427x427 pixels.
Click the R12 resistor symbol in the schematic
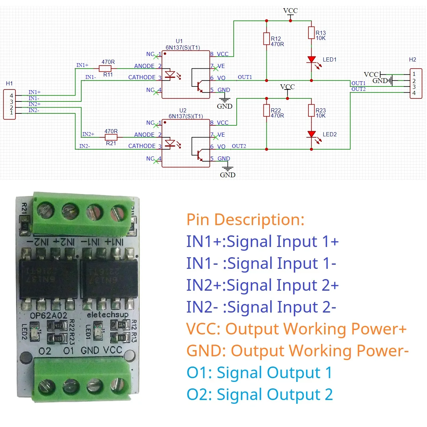coord(266,39)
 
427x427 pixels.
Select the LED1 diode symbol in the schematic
coord(311,60)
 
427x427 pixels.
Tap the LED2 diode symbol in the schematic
coord(311,134)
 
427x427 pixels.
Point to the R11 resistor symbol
coord(105,68)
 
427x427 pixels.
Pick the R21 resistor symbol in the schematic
coord(111,137)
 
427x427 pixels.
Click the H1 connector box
coord(9,104)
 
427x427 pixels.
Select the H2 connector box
coord(416,84)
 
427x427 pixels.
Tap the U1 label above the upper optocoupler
coord(179,41)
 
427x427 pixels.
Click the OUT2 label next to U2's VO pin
coord(239,146)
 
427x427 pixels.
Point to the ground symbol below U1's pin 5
coord(224,100)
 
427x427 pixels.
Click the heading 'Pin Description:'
coord(245,220)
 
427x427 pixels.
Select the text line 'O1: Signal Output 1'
coord(259,373)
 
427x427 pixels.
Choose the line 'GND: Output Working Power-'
coord(297,351)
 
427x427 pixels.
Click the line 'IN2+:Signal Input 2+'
coord(262,285)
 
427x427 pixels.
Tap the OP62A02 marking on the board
coord(49,315)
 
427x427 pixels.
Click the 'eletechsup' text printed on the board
coord(108,314)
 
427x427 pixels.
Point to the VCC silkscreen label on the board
coord(112,350)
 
